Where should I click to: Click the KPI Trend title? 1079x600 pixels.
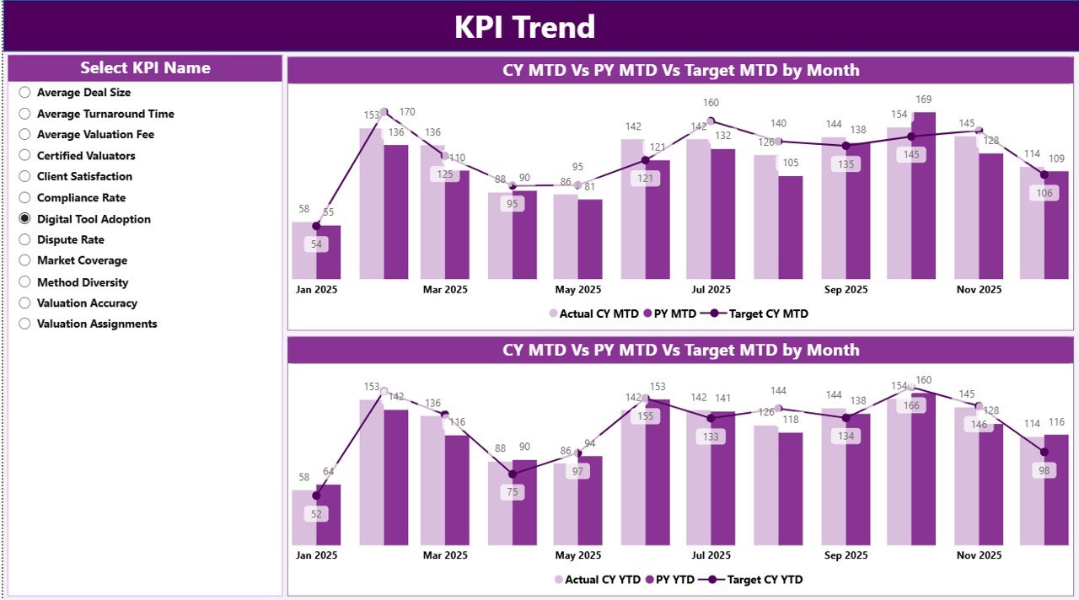pos(524,27)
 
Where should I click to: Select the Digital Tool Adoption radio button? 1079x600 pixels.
pos(25,218)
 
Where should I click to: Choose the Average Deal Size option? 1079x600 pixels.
pos(25,93)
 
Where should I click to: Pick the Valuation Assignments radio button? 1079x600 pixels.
pos(25,324)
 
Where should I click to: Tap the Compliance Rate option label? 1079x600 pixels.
pos(81,198)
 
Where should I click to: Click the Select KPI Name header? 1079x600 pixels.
pos(145,68)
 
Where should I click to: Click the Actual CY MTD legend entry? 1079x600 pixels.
pos(594,313)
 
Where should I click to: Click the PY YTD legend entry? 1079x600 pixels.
pos(672,580)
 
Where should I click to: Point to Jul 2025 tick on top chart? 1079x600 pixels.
pos(711,289)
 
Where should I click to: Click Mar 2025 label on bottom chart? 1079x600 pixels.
pos(445,555)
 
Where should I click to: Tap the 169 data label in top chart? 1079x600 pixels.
pos(924,100)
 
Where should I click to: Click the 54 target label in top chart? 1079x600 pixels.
pos(316,244)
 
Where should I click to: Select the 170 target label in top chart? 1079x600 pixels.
pos(407,112)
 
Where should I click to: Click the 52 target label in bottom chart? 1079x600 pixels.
pos(316,513)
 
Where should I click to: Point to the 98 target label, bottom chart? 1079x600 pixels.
pos(1044,470)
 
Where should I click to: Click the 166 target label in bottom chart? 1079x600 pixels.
pos(911,405)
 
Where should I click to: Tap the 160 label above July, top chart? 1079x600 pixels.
pos(711,104)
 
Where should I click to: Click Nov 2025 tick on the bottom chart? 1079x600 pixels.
pos(979,555)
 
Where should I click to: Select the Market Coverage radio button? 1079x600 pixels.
pos(25,260)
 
